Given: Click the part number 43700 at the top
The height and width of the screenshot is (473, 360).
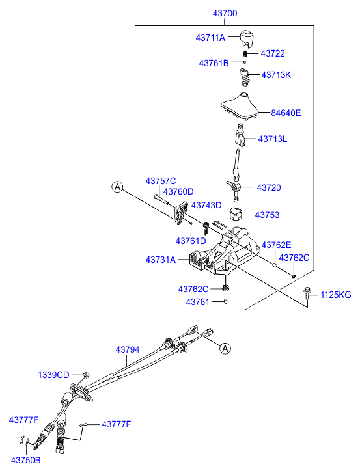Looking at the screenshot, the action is click(x=225, y=13).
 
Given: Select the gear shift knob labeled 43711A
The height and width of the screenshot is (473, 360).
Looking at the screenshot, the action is click(x=247, y=38).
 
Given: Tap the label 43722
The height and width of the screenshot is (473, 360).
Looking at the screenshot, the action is click(x=273, y=53).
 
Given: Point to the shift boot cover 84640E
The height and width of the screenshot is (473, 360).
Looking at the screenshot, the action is click(x=240, y=106).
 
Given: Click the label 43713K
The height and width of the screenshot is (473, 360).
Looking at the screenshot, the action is click(x=276, y=75).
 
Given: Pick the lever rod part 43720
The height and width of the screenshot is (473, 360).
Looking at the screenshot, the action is click(x=236, y=176).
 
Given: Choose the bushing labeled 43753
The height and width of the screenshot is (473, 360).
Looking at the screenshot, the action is click(x=236, y=214).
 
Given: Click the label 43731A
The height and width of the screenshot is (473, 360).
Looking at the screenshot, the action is click(x=161, y=260).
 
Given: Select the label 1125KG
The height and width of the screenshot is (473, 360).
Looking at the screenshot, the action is click(x=336, y=295).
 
